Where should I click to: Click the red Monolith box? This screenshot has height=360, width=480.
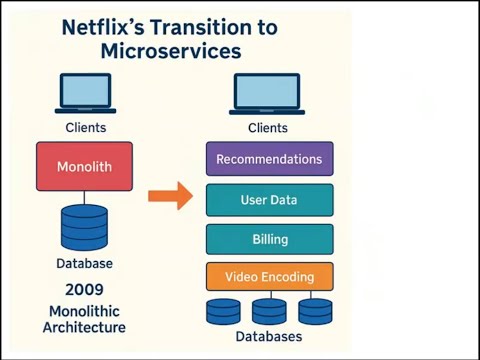pyautogui.click(x=84, y=166)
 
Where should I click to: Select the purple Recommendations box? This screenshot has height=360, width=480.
pyautogui.click(x=269, y=159)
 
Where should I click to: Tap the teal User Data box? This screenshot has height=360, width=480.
pyautogui.click(x=269, y=200)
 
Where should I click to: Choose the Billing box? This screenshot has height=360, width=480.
pyautogui.click(x=269, y=240)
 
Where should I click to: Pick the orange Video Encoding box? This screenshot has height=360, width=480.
pyautogui.click(x=269, y=277)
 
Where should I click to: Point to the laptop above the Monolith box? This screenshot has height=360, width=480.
pyautogui.click(x=85, y=95)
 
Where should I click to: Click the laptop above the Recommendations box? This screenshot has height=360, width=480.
pyautogui.click(x=267, y=95)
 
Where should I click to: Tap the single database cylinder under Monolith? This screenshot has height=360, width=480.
pyautogui.click(x=84, y=227)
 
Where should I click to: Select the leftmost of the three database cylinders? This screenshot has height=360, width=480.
pyautogui.click(x=223, y=310)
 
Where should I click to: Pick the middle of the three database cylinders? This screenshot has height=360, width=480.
pyautogui.click(x=269, y=310)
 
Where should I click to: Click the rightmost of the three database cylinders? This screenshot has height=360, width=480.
pyautogui.click(x=314, y=310)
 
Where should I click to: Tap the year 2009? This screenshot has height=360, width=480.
pyautogui.click(x=84, y=289)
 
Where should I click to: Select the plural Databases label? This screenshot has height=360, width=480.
pyautogui.click(x=268, y=337)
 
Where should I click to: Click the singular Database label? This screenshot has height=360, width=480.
pyautogui.click(x=84, y=264)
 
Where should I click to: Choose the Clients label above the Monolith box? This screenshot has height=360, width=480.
pyautogui.click(x=85, y=128)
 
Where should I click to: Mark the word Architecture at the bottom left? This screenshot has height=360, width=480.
pyautogui.click(x=84, y=327)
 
